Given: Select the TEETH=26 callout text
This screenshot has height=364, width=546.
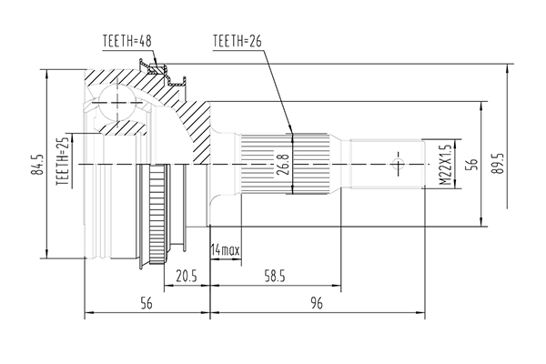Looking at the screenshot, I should (237, 41).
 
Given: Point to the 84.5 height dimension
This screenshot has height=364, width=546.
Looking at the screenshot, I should (37, 163).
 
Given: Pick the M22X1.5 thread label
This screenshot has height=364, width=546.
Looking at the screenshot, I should (445, 164).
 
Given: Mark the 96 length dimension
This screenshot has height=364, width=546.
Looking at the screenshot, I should (317, 306).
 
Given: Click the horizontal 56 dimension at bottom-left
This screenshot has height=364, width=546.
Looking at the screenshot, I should (146, 306).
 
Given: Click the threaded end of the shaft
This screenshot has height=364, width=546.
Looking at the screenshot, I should (387, 164).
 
